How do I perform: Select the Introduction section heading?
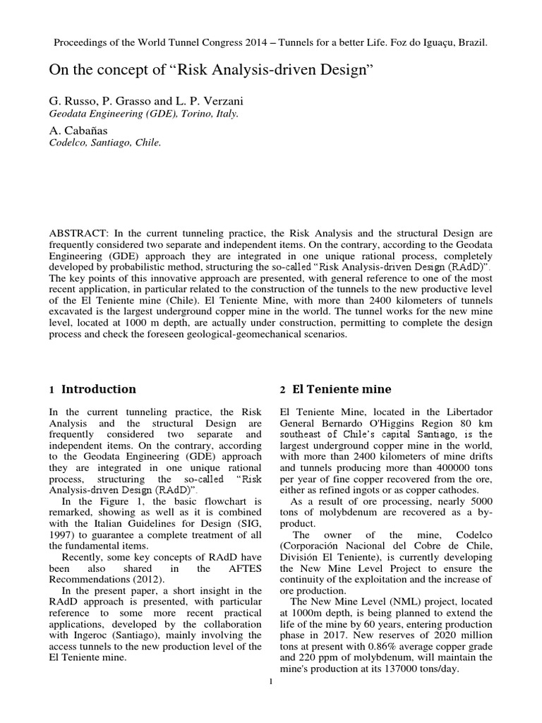pyautogui.click(x=99, y=389)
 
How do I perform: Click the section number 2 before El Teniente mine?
pyautogui.click(x=282, y=390)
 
